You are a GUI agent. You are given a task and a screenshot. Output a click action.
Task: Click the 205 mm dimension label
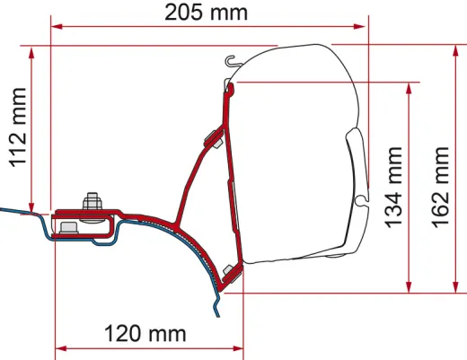click(x=207, y=13)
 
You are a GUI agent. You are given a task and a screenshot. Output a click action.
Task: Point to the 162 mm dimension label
click(x=441, y=185)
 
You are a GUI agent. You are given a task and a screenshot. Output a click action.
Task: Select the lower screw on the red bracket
click(x=230, y=272)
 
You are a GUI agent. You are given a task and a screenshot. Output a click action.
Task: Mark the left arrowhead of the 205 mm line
click(x=57, y=26)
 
